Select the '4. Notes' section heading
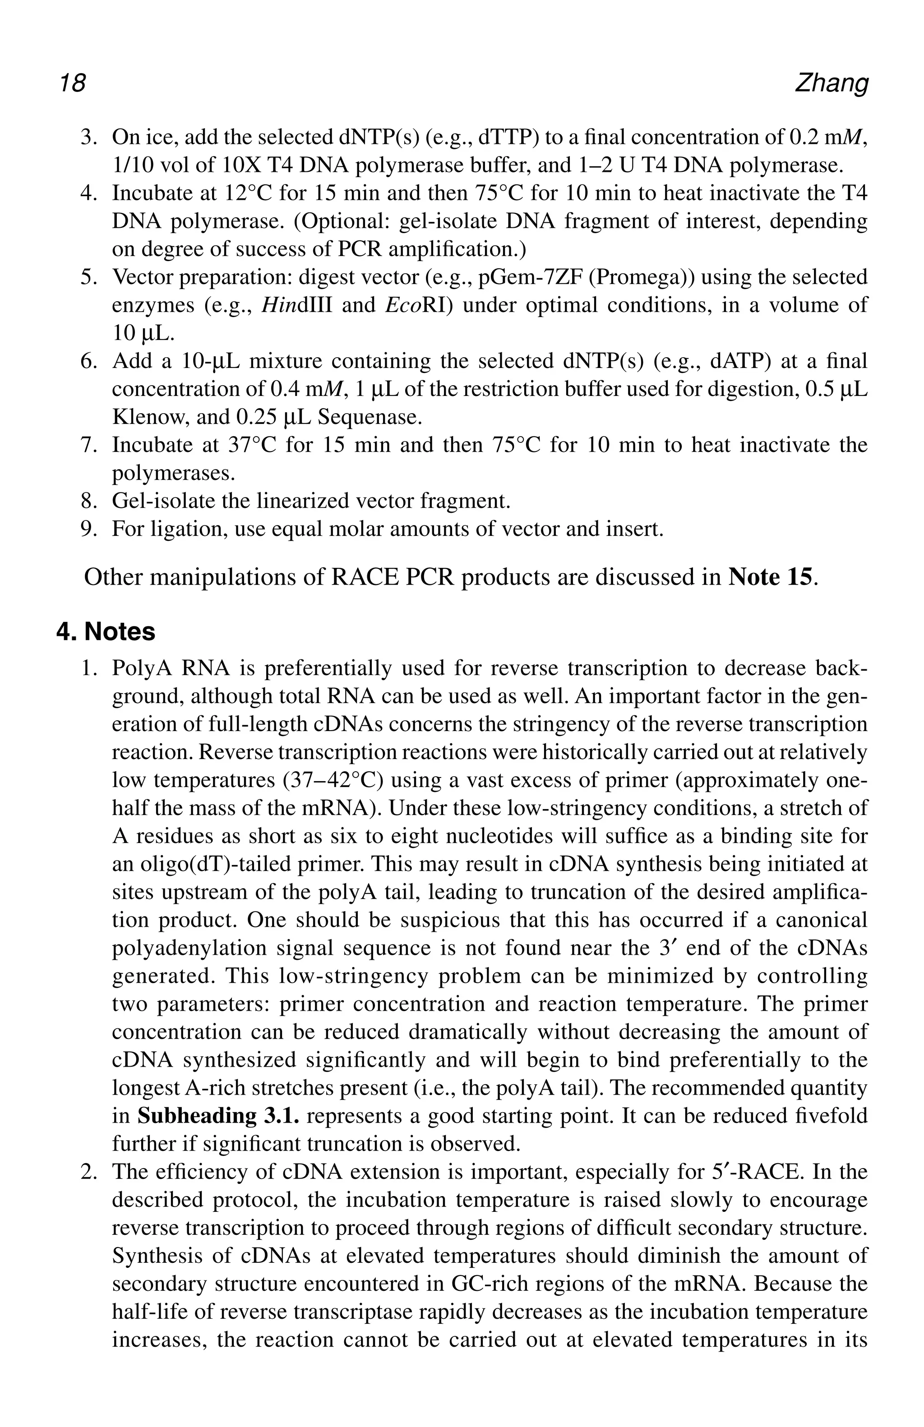[106, 632]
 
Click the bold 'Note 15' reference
[771, 577]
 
